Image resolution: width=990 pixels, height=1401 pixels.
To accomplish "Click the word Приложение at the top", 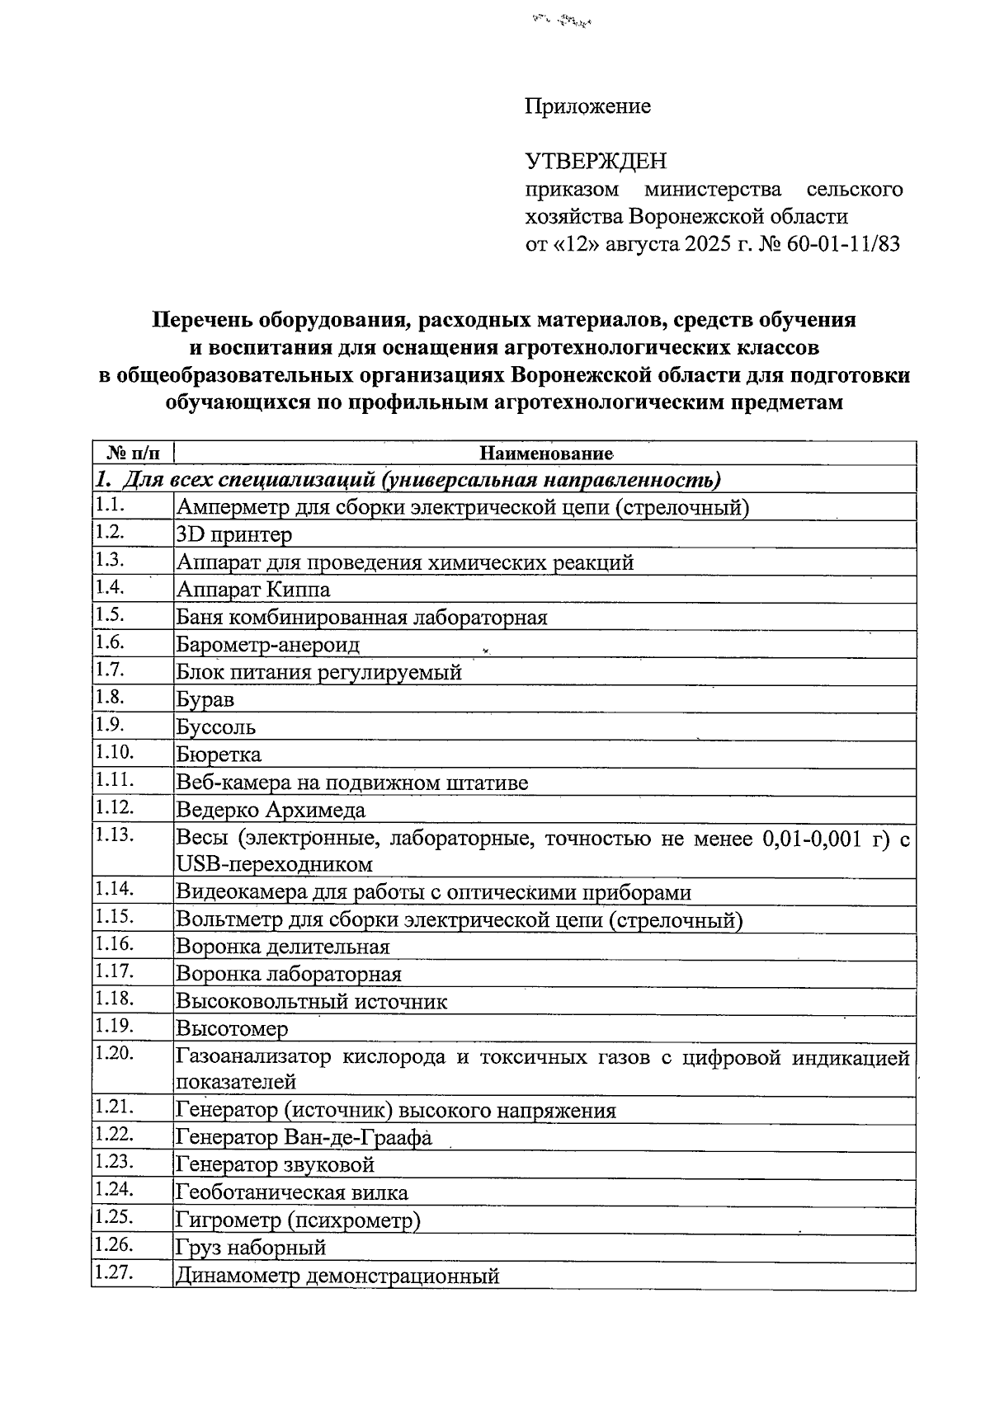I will coord(587,106).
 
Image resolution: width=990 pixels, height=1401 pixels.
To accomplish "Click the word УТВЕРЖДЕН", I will coord(596,161).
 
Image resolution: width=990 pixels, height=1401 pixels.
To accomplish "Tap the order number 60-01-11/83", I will coord(844,245).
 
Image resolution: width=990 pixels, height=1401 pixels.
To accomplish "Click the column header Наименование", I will coord(546,454).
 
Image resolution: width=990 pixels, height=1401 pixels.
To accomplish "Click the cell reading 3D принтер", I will coord(234,535).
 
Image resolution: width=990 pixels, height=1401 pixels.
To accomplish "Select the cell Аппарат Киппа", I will coord(253,590).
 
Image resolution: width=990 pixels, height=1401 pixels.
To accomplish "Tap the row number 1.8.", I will coord(110,698).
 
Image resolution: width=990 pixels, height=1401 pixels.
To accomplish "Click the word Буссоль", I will coord(215,728).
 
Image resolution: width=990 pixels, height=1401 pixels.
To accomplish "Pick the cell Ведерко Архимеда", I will coord(271,811).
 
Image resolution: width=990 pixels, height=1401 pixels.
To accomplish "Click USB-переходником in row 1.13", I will coord(274,865).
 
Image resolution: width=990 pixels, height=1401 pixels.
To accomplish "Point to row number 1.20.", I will coord(114,1054).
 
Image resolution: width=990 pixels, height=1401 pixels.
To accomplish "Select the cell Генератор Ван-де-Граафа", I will coord(304,1139).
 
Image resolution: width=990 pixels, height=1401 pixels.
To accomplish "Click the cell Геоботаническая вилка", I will coord(291,1193).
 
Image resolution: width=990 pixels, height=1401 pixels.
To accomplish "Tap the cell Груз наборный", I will coord(251,1248).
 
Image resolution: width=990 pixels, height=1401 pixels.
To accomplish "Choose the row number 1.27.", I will coord(114,1274).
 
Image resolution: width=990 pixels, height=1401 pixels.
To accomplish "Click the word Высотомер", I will coord(232,1029).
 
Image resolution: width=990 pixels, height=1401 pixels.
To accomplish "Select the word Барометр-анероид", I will coord(268,645).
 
